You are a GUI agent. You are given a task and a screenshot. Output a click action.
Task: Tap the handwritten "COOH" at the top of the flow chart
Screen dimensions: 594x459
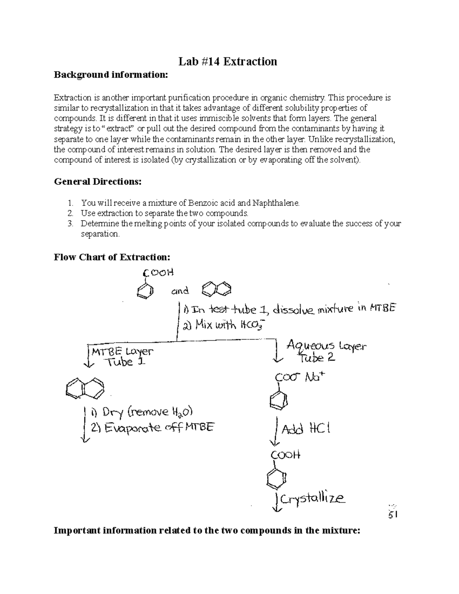(158, 273)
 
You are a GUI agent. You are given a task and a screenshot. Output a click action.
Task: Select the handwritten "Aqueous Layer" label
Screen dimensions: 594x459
(326, 347)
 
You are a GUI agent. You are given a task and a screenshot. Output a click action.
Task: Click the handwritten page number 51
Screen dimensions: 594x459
(393, 515)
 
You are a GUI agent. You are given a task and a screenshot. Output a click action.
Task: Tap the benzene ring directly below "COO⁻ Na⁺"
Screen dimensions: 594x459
(279, 400)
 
